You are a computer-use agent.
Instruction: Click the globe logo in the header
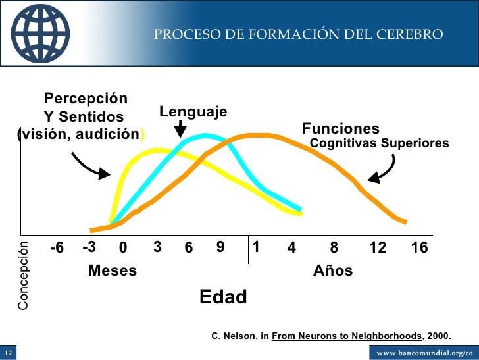(x=40, y=34)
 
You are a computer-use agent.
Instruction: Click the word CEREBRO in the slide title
(x=409, y=34)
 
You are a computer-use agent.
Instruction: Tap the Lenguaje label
(x=193, y=112)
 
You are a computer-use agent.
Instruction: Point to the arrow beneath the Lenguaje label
(x=180, y=128)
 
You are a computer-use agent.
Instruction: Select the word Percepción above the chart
(x=86, y=99)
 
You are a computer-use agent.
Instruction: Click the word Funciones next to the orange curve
(x=341, y=128)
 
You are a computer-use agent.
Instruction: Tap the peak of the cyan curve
(x=206, y=136)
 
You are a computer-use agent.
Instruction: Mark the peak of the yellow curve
(x=157, y=150)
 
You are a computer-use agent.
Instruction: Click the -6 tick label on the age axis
(x=57, y=247)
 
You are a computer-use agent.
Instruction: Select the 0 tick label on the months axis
(x=123, y=247)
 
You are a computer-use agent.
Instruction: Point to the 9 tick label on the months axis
(x=220, y=247)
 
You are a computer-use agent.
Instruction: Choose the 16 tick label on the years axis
(x=419, y=247)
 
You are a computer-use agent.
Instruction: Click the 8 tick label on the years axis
(x=334, y=247)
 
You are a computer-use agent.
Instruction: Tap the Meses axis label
(x=113, y=270)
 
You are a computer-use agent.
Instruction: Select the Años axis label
(x=333, y=270)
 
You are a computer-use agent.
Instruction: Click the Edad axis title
(x=223, y=296)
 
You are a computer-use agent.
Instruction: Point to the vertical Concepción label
(x=24, y=275)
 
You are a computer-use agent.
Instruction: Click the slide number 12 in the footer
(x=9, y=353)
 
